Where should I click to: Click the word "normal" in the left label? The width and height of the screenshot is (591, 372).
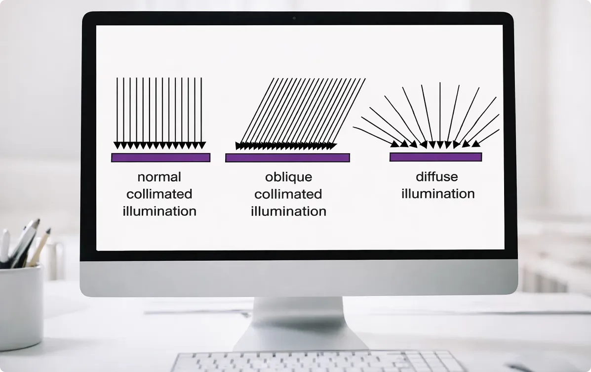159,177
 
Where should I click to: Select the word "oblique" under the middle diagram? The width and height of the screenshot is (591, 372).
288,177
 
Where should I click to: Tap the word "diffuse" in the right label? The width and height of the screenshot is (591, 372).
436,177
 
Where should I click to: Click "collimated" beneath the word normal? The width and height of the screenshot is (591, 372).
159,194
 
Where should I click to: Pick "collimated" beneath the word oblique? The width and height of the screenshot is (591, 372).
288,194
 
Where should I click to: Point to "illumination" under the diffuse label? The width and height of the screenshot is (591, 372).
438,194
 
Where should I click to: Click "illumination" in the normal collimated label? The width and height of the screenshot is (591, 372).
159,211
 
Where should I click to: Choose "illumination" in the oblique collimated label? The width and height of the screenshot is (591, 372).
288,211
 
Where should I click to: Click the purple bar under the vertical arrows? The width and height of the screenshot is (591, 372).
160,158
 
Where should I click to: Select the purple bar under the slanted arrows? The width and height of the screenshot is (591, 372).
287,158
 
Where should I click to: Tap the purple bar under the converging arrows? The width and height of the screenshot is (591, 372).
435,157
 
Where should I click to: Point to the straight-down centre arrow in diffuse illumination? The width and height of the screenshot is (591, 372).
440,114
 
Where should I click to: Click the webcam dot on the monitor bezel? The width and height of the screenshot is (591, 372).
294,18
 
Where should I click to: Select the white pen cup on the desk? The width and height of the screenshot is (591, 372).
21,306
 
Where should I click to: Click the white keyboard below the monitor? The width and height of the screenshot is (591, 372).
316,362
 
